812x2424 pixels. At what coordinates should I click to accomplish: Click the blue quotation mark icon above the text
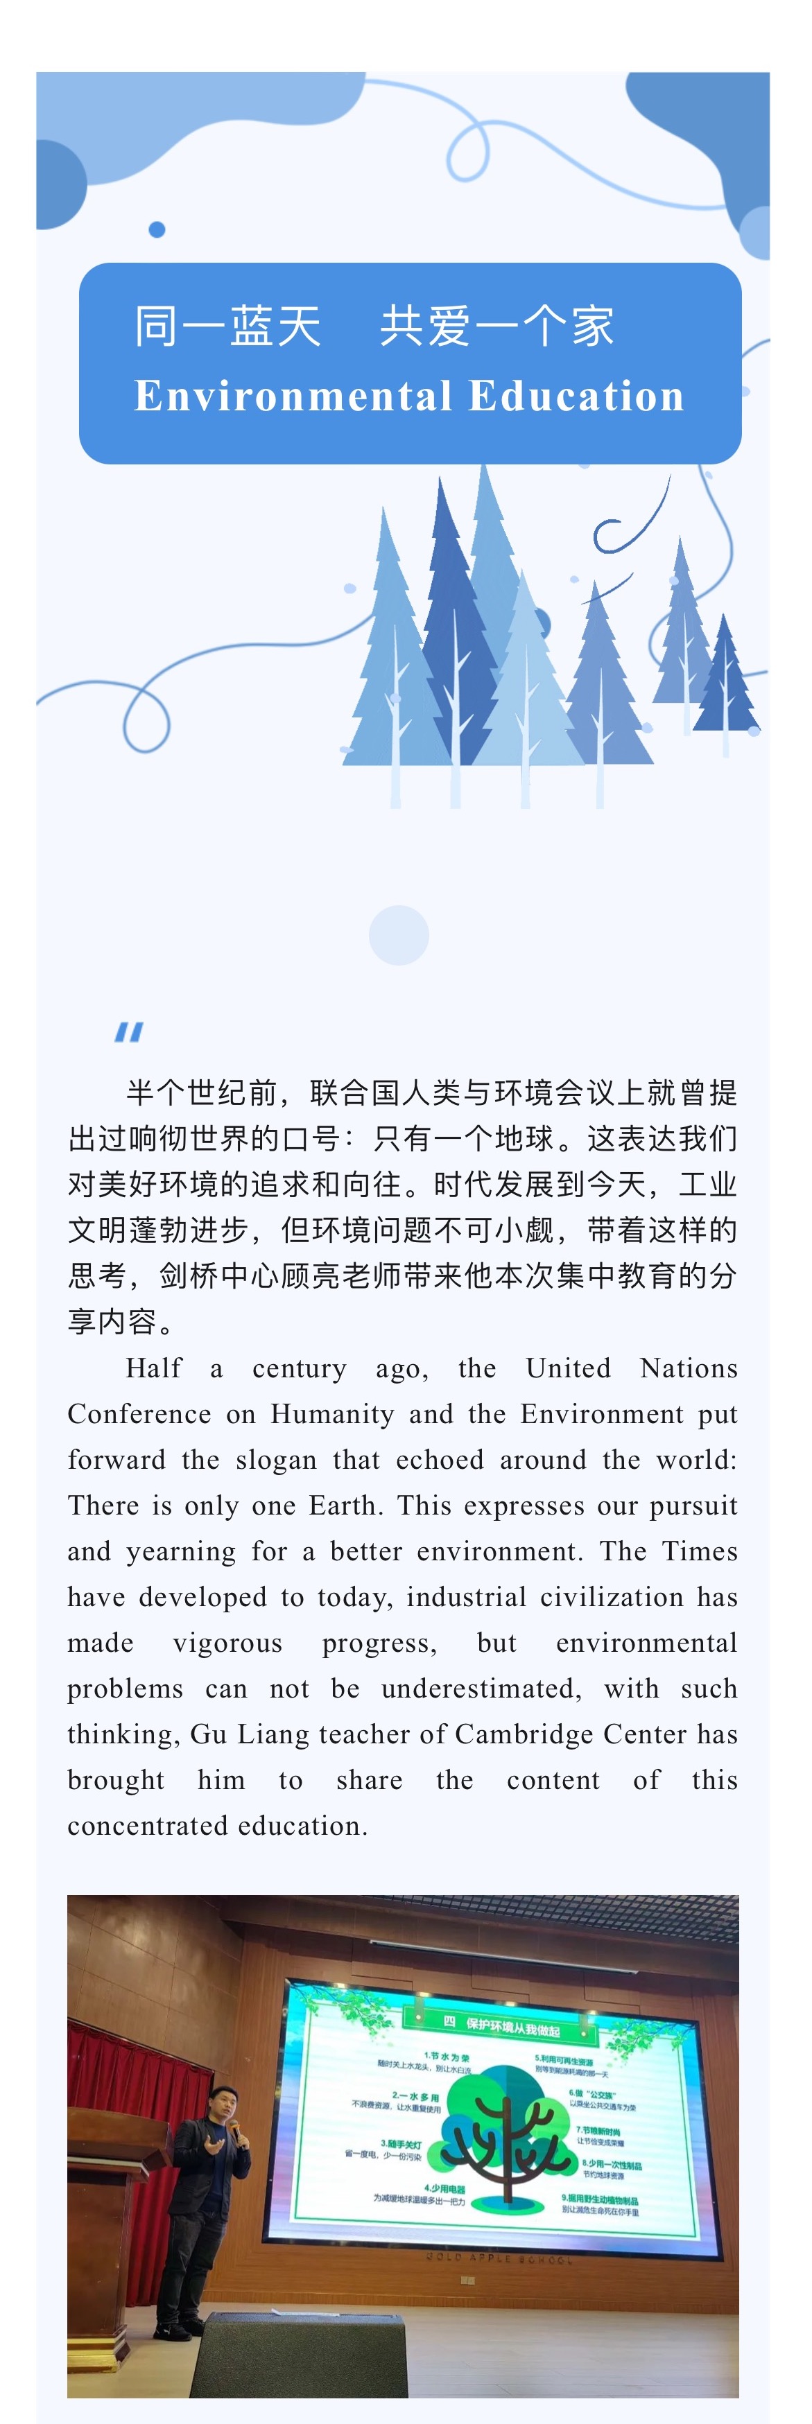129,1032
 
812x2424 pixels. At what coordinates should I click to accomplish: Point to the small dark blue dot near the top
157,229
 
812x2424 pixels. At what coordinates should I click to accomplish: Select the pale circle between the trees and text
399,935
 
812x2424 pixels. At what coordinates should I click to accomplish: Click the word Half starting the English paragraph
155,1368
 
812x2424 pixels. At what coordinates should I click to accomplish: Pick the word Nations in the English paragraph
689,1368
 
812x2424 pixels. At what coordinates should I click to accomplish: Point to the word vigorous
227,1643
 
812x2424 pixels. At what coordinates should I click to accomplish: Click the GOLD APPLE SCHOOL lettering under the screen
498,2256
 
